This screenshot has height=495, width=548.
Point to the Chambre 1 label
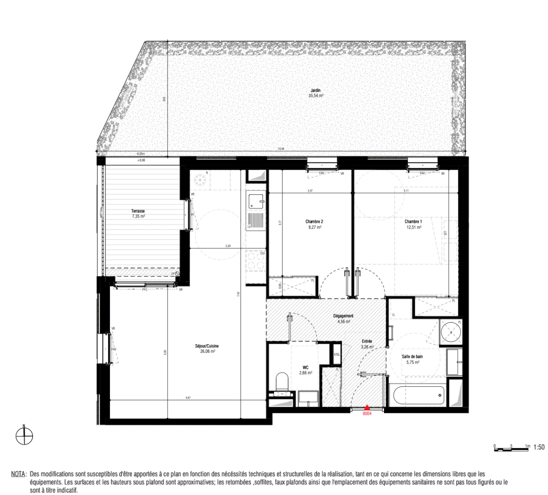(413, 221)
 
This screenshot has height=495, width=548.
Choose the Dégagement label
(343, 316)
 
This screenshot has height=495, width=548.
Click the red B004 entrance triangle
(367, 407)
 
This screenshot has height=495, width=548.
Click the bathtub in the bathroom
(416, 394)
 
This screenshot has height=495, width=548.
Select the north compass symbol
(24, 436)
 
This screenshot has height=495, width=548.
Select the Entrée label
(367, 341)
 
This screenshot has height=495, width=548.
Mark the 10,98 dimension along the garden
(280, 148)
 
